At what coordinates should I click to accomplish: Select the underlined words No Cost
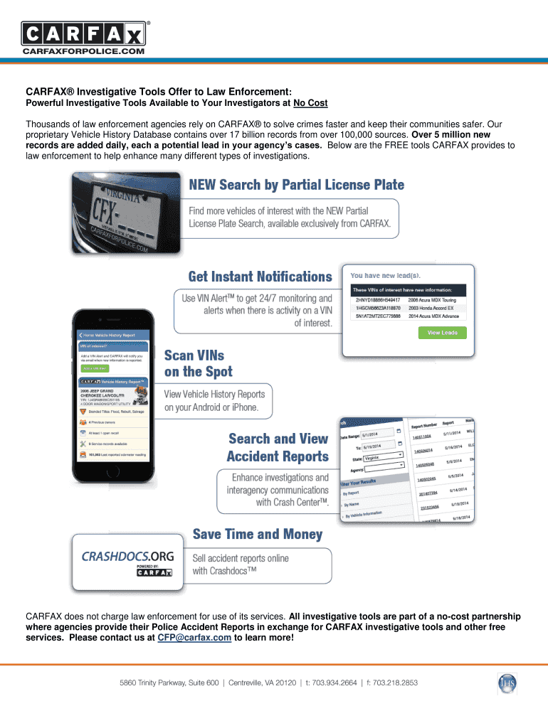pyautogui.click(x=310, y=103)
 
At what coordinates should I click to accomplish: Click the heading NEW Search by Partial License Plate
pyautogui.click(x=296, y=186)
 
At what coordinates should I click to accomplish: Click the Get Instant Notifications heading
pyautogui.click(x=260, y=277)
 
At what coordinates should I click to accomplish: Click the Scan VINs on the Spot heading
pyautogui.click(x=199, y=363)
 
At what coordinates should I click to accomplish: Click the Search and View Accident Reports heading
pyautogui.click(x=278, y=447)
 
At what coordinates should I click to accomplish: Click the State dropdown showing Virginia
pyautogui.click(x=383, y=458)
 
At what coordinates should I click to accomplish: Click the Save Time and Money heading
pyautogui.click(x=258, y=534)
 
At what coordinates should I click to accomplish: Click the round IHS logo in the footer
pyautogui.click(x=507, y=683)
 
